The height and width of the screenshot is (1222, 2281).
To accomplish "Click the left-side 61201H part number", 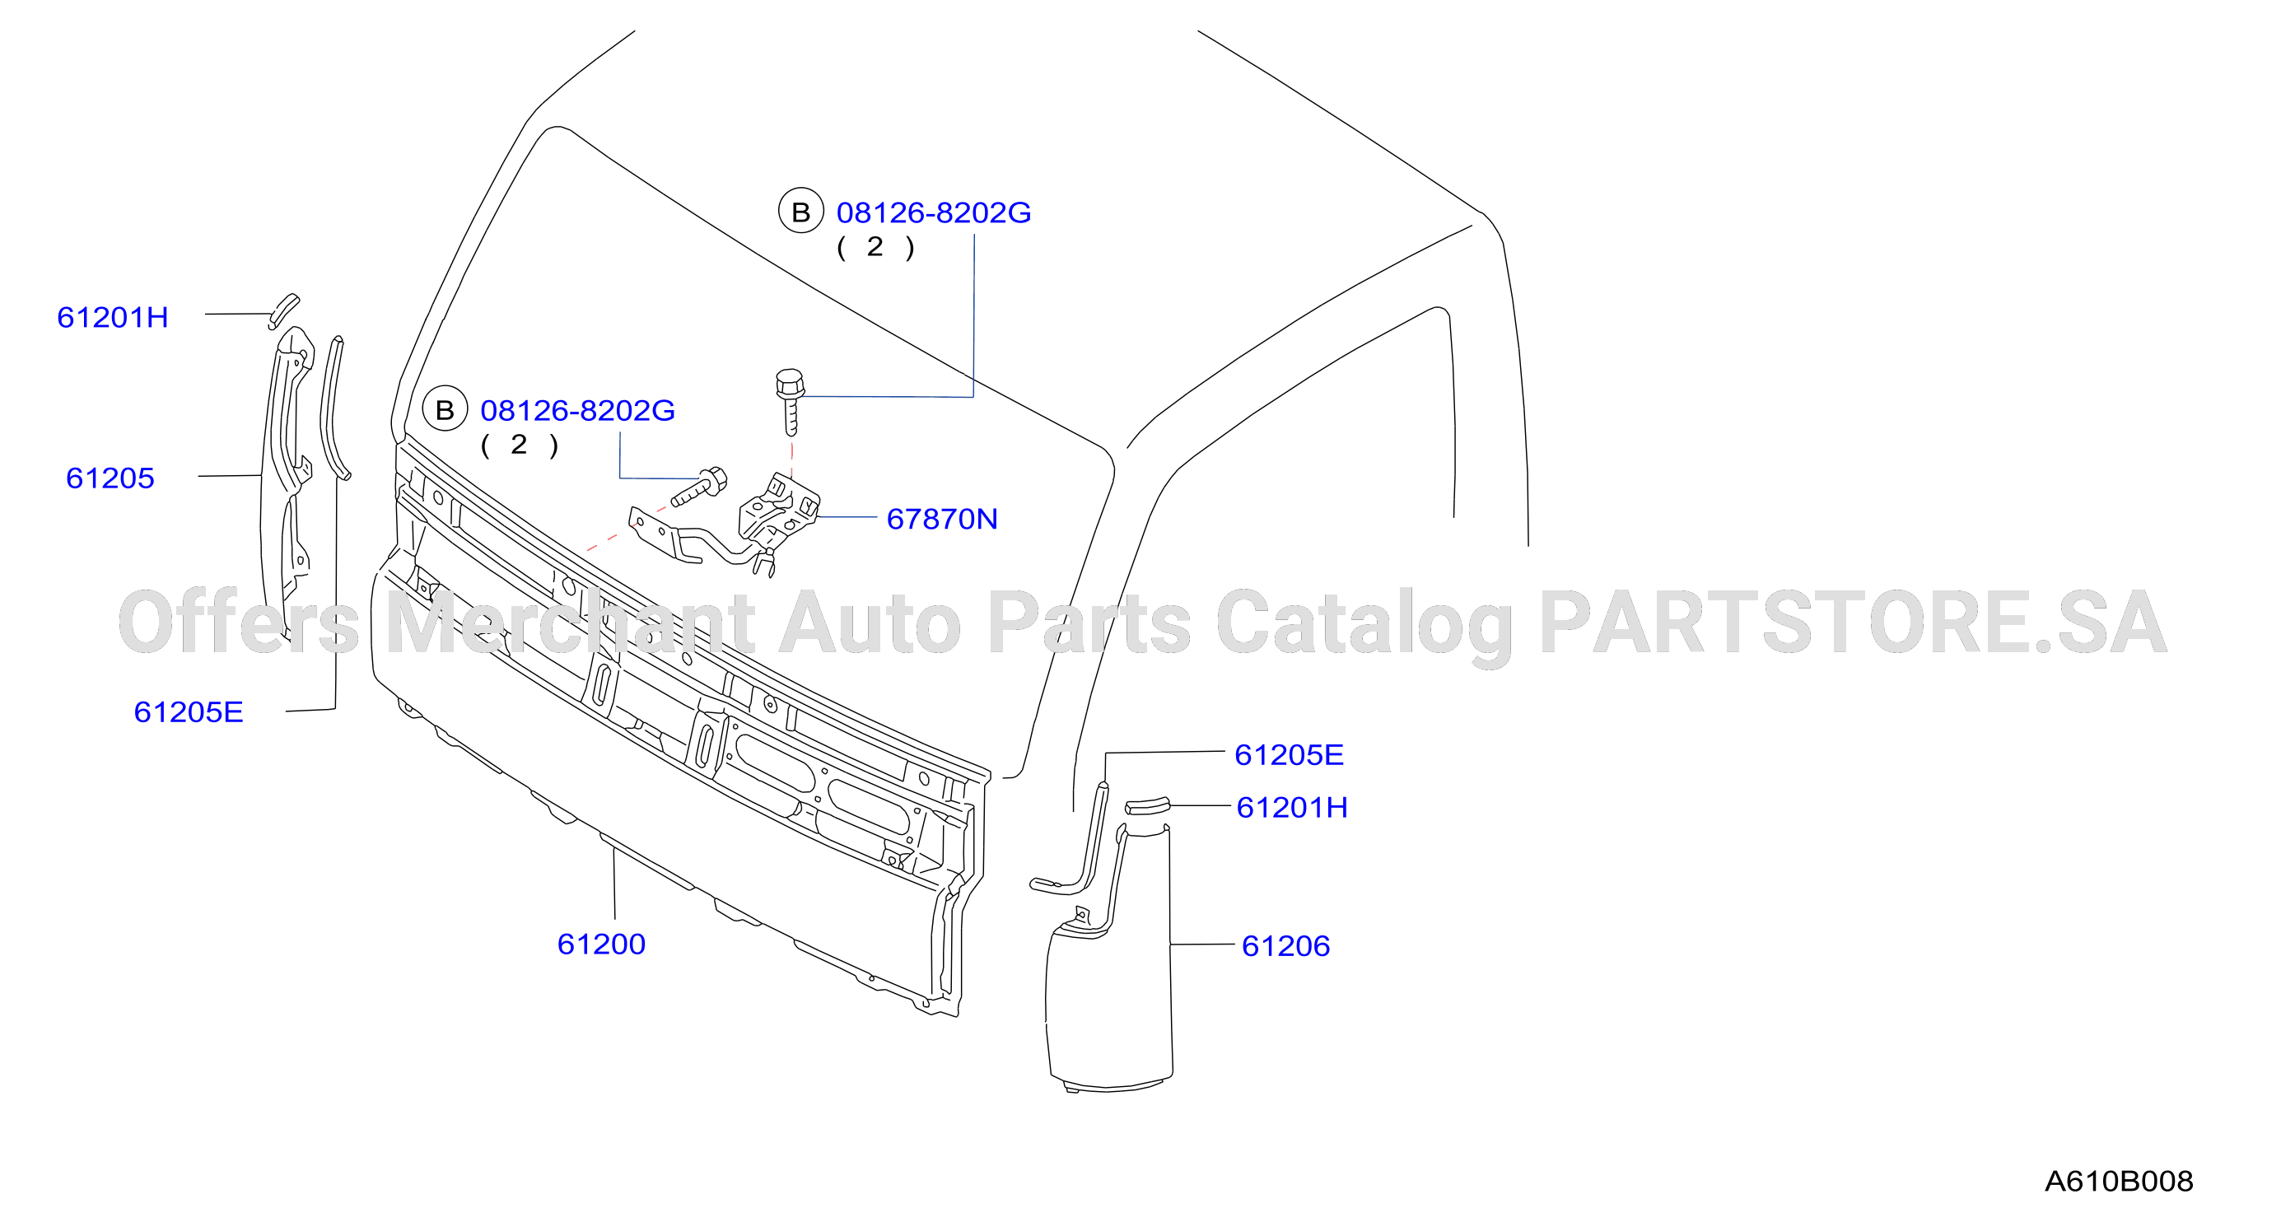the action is coord(113,317).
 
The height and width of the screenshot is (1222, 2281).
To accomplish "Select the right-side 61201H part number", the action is coord(1292,808).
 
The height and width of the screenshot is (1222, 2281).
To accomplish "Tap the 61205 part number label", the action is coord(110,478).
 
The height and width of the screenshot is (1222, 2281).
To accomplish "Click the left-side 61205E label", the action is coord(189,712).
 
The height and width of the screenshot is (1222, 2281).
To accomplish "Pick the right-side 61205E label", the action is coord(1290,755).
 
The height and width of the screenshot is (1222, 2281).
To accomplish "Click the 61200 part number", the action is coord(601,944).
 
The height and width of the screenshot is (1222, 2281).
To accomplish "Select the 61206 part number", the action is coord(1285,945).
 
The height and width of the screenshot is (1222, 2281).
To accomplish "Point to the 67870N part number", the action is coord(942,519).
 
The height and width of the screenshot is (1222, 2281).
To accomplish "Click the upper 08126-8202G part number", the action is coord(934,212).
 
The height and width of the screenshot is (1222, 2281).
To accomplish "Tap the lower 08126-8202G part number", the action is coord(577,410).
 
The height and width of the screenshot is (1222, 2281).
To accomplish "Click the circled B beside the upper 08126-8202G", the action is coord(800,212).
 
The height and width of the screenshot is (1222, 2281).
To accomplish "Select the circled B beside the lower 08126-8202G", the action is coord(445,409).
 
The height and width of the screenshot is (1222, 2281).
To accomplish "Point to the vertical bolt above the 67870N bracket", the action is coord(790,401).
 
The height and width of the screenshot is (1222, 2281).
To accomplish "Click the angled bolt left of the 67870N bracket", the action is coord(699,486).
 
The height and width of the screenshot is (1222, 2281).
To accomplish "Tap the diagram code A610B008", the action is coord(2119,1182).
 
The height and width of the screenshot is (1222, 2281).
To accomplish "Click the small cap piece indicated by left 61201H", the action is coord(284,310).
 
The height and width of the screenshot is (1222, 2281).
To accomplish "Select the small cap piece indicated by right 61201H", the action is coord(1148,806).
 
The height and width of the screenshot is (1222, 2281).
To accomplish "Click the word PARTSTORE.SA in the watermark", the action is coord(1854,623).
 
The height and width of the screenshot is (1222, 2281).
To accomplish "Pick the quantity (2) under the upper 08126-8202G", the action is coord(875,247).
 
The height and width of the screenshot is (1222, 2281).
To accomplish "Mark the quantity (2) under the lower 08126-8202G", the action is coord(519,445).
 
